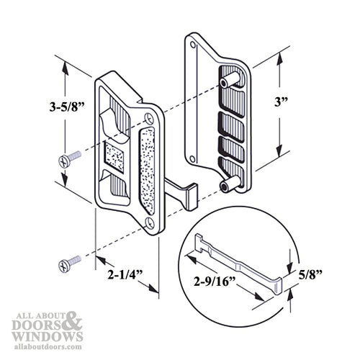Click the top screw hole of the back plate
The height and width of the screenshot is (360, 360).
point(193,45)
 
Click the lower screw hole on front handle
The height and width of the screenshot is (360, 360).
point(149,223)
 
